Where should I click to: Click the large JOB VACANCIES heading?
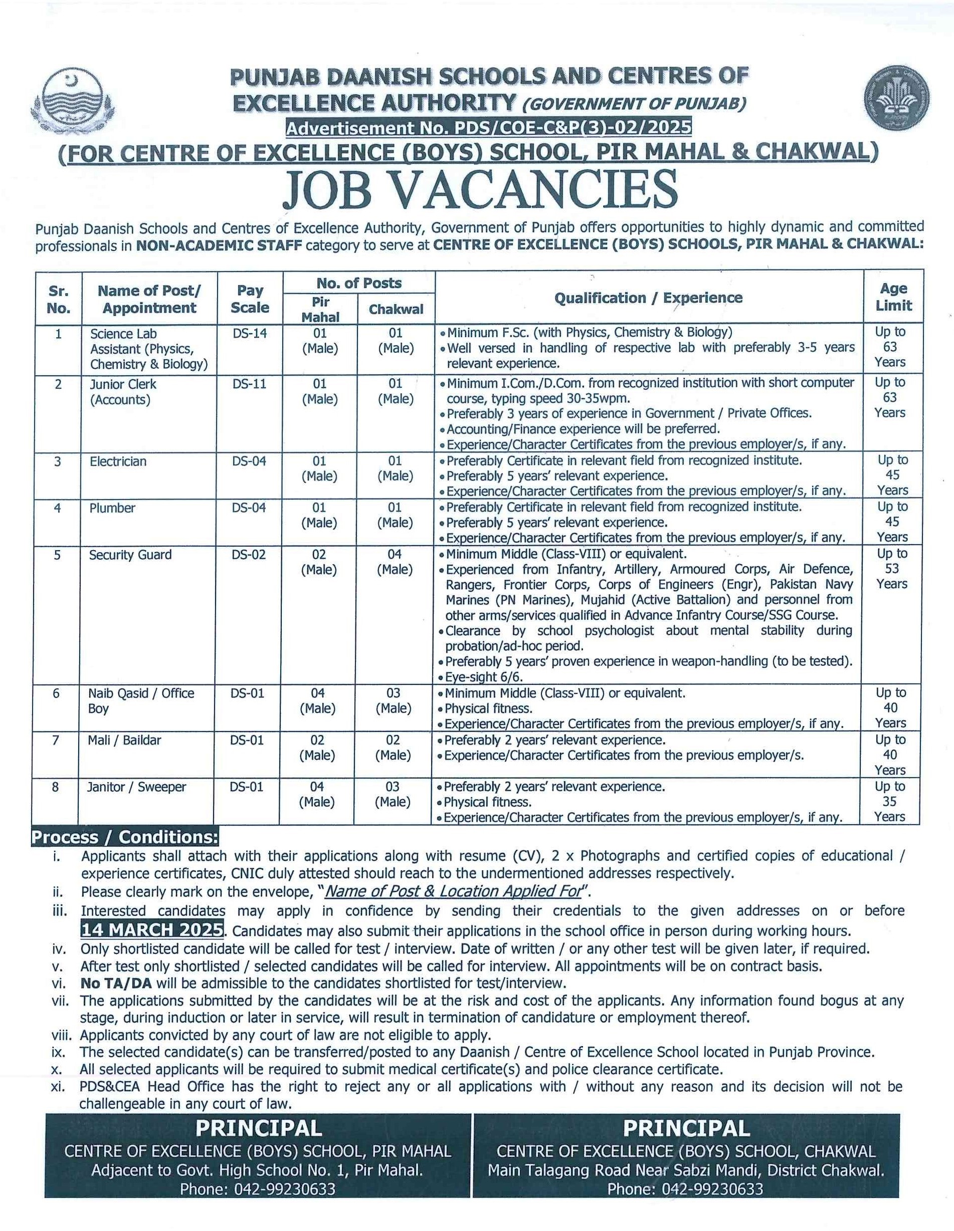click(479, 189)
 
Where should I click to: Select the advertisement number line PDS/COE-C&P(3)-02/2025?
click(488, 128)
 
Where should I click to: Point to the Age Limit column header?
click(894, 297)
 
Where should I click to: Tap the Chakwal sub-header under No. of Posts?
click(396, 309)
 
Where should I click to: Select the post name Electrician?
click(118, 461)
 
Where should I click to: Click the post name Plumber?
click(112, 508)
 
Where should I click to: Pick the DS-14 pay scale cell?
click(249, 333)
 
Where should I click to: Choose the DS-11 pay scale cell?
click(249, 384)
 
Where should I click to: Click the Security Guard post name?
click(130, 555)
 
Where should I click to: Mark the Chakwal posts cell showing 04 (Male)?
click(395, 562)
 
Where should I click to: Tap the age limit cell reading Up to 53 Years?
click(892, 569)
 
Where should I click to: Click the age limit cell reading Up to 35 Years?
click(890, 801)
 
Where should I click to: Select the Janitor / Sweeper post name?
click(136, 786)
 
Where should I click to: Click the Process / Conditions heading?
click(125, 837)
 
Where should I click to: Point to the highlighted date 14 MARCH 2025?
click(152, 929)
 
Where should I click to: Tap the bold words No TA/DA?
click(117, 983)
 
